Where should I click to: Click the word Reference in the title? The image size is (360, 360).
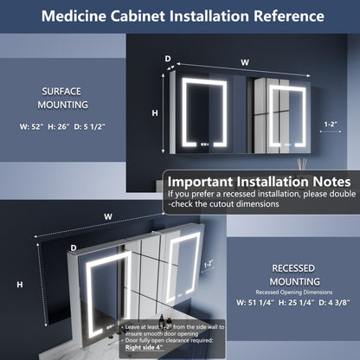click(285, 16)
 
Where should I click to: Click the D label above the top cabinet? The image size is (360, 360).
click(168, 60)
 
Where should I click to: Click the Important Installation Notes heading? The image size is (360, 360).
click(259, 182)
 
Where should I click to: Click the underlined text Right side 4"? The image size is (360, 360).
click(150, 354)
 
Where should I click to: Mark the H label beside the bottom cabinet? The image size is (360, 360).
click(19, 285)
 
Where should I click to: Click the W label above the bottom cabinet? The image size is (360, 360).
click(106, 216)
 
